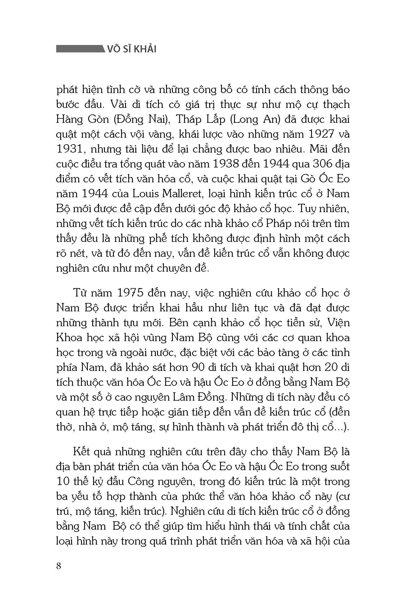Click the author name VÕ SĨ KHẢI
click(132, 49)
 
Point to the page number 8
click(59, 565)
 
